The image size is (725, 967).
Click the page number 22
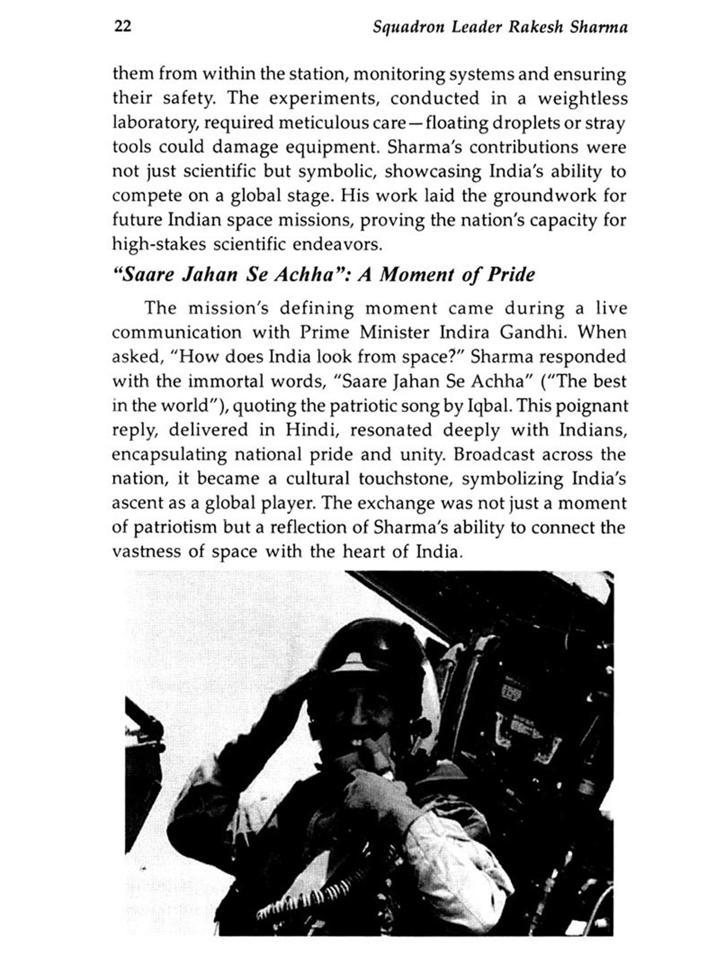point(122,26)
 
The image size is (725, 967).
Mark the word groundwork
point(542,196)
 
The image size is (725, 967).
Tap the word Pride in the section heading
point(511,275)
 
